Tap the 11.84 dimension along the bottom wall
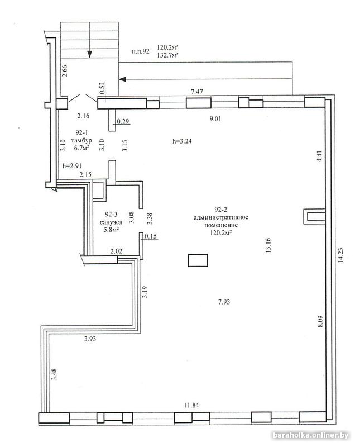[191, 405]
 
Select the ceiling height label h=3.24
[183, 141]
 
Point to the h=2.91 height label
[72, 165]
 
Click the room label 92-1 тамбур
[81, 136]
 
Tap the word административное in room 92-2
[220, 217]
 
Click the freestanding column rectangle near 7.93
[198, 260]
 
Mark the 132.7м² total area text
[168, 55]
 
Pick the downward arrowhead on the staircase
[90, 54]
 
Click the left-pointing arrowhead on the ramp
[122, 79]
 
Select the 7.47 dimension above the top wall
[197, 92]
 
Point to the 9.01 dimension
[215, 118]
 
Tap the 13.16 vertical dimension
[268, 245]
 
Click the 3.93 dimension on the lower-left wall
[90, 339]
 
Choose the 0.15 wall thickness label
[151, 236]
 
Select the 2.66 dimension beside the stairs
[65, 71]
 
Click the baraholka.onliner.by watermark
[311, 435]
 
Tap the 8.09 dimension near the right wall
[321, 321]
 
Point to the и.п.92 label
[141, 51]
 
